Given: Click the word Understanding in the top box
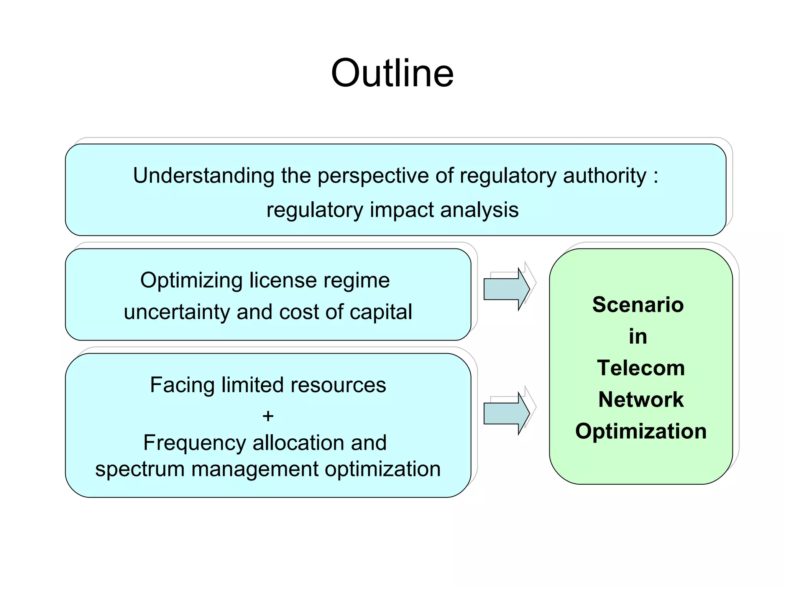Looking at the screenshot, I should click(x=203, y=176).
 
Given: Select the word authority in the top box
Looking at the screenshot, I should click(x=604, y=176).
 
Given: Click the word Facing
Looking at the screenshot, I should click(x=182, y=385).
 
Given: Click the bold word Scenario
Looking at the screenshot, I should click(x=638, y=305).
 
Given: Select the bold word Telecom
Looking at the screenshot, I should click(x=640, y=368).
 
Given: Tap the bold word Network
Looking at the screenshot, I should click(x=640, y=400).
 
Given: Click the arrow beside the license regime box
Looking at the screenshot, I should click(x=506, y=289).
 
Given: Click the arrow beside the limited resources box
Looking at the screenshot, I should click(x=506, y=413).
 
